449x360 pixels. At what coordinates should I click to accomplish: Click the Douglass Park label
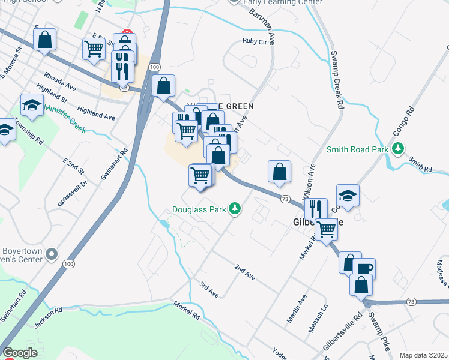[x=199, y=209]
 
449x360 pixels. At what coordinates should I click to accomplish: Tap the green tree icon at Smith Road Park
[x=396, y=148]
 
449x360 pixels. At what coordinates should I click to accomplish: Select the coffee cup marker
[x=364, y=269]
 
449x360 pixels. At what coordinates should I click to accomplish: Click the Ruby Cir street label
[x=254, y=41]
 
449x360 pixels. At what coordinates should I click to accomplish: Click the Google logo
[x=20, y=353]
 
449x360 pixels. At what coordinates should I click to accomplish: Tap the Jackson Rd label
[x=48, y=317]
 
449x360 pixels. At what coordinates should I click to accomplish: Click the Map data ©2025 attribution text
[x=423, y=355]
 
